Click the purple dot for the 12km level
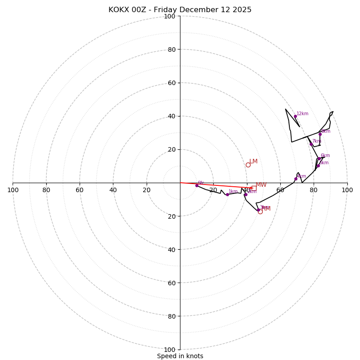(x=295, y=116)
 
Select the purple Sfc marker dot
(x=197, y=185)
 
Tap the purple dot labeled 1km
(x=227, y=194)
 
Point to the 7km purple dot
(x=311, y=144)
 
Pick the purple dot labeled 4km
(x=296, y=179)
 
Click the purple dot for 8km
(x=320, y=134)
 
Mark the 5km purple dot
(x=318, y=166)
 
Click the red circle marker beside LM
(x=248, y=165)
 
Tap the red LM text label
(x=253, y=162)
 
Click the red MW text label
(x=261, y=185)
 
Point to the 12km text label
(x=302, y=114)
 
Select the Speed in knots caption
(x=180, y=356)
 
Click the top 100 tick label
(x=170, y=16)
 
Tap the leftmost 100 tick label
(x=13, y=190)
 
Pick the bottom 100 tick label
(x=170, y=349)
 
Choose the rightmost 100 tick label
(x=347, y=190)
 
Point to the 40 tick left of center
(x=113, y=190)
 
